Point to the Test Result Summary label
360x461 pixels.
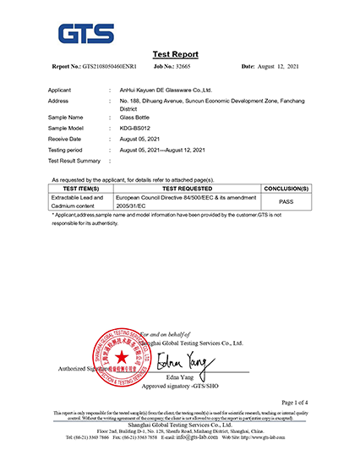click(74, 160)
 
